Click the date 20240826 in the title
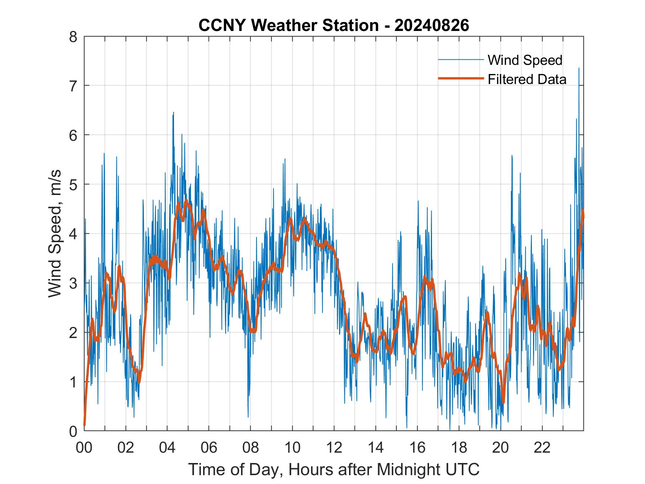coord(432,25)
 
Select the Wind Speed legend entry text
coord(525,60)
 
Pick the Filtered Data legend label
coord(527,79)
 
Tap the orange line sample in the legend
coord(461,78)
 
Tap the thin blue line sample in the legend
coord(461,59)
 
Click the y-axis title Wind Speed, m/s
coord(55,234)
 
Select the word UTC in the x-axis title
coord(462,469)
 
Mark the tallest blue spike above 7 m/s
coord(579,69)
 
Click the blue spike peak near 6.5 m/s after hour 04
coord(173,113)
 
